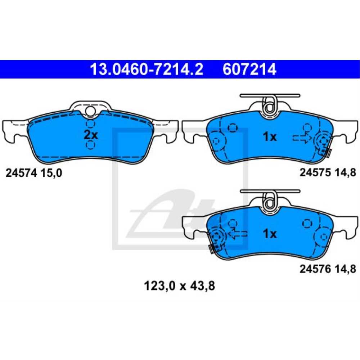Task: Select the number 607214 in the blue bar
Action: coord(249,69)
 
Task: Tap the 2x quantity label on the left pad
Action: coord(90,135)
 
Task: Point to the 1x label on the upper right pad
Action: coord(269,137)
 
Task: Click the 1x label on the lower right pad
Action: coord(269,234)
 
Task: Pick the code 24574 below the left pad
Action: coord(22,173)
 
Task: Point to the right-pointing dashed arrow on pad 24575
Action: coord(301,138)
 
